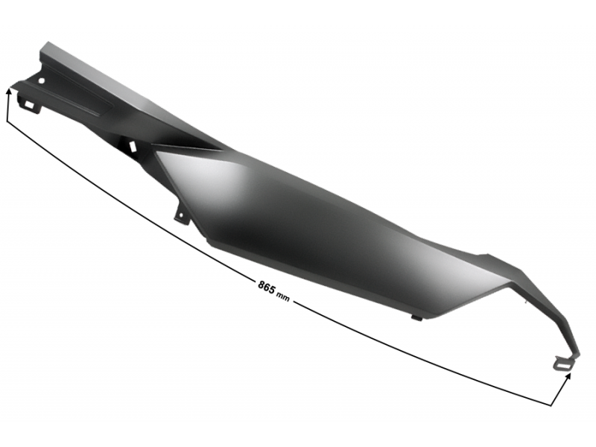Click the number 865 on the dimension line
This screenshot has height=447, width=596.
pyautogui.click(x=266, y=285)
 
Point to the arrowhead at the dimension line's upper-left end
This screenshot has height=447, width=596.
pyautogui.click(x=10, y=89)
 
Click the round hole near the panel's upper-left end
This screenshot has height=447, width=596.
pyautogui.click(x=42, y=80)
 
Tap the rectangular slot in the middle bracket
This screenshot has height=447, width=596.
pyautogui.click(x=132, y=147)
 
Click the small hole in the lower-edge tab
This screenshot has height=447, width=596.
pyautogui.click(x=179, y=215)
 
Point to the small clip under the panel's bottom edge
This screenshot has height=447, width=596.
pyautogui.click(x=416, y=317)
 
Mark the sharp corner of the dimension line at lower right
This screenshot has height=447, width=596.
pyautogui.click(x=552, y=405)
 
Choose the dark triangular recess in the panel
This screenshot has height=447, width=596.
pyautogui.click(x=186, y=142)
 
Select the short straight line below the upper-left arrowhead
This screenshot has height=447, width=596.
pyautogui.click(x=8, y=108)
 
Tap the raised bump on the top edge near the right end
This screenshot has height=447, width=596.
pyautogui.click(x=488, y=257)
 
